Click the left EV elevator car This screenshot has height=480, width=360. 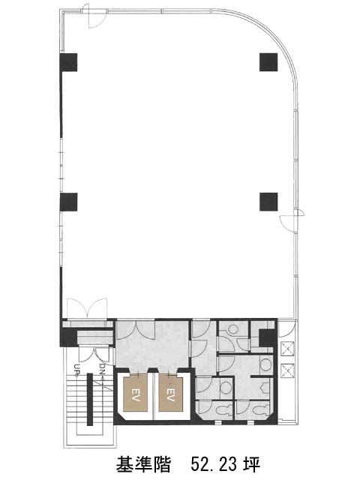pos(136,394)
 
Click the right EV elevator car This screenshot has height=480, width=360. pos(171,394)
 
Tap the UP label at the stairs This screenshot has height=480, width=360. pos(76,369)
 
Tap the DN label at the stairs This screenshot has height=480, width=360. pos(102,369)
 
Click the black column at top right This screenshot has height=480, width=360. pos(268,62)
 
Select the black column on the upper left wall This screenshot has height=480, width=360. pos(68,62)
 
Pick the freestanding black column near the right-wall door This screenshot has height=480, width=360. pos(268,202)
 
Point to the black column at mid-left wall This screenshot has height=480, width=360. pos(68,202)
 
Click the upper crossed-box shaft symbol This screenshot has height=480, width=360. pos(287,349)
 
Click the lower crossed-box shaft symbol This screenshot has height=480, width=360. pos(287,370)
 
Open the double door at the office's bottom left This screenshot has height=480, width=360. pos(87,307)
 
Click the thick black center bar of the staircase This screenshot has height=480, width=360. pos(90,399)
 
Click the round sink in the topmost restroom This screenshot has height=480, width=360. pos(234,329)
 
